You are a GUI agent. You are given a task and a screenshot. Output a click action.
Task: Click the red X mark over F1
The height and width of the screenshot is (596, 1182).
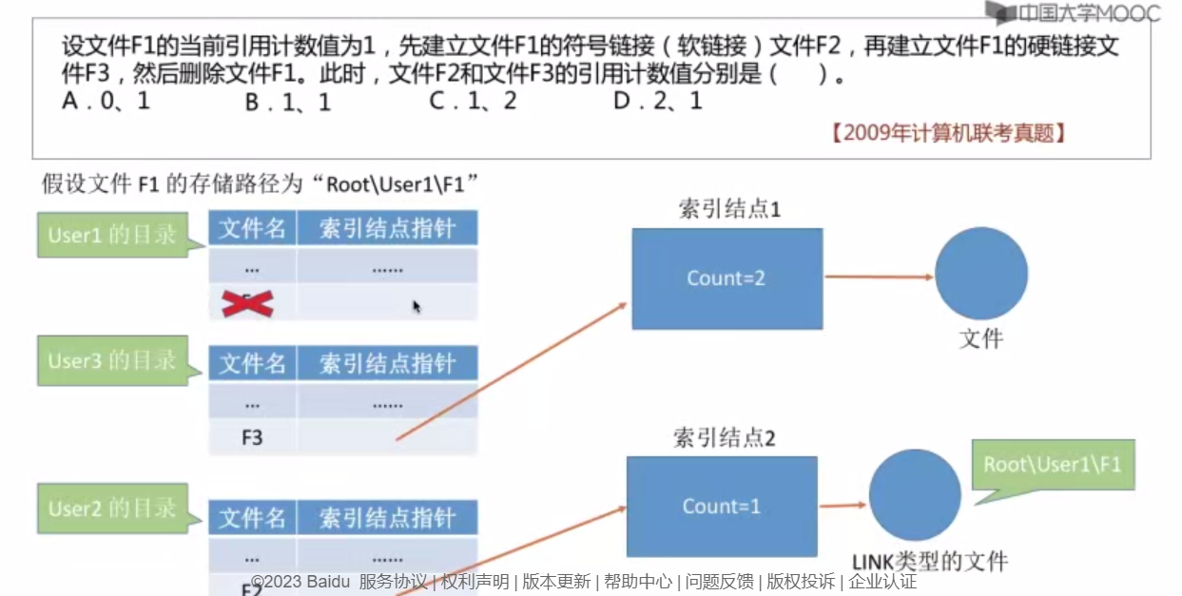(x=247, y=303)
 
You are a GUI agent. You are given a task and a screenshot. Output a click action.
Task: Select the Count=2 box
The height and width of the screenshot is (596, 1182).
(x=727, y=279)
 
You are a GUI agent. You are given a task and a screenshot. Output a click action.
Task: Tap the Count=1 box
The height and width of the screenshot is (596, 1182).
(x=721, y=507)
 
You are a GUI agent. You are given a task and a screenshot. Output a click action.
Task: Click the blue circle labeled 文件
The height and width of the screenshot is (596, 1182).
(x=980, y=274)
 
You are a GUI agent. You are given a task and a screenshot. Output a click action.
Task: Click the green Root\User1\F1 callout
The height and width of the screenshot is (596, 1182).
(x=1053, y=465)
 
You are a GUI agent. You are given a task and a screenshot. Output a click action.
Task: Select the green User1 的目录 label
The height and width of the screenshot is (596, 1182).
(x=112, y=235)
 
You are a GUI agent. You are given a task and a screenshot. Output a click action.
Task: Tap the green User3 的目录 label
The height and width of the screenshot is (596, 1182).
(x=112, y=361)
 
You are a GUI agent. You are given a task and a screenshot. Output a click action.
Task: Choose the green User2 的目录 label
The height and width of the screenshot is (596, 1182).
(x=112, y=508)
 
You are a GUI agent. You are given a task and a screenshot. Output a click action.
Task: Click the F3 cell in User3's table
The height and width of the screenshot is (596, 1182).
(x=252, y=437)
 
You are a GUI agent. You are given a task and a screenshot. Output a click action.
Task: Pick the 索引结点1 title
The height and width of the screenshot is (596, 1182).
(x=729, y=209)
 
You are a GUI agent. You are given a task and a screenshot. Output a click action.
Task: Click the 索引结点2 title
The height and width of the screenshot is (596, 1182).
(x=725, y=438)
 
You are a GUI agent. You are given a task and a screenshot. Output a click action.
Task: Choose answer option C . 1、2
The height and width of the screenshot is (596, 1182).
(x=473, y=101)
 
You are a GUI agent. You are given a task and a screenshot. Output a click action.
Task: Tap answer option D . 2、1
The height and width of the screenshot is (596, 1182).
(x=657, y=101)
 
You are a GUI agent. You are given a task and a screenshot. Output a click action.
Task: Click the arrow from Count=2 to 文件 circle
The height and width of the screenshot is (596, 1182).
(x=878, y=278)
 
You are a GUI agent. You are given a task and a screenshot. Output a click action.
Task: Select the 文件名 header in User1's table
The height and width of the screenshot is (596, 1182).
(x=252, y=229)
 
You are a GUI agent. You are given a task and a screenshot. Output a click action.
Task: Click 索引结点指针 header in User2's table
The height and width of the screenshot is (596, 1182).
(x=387, y=518)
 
